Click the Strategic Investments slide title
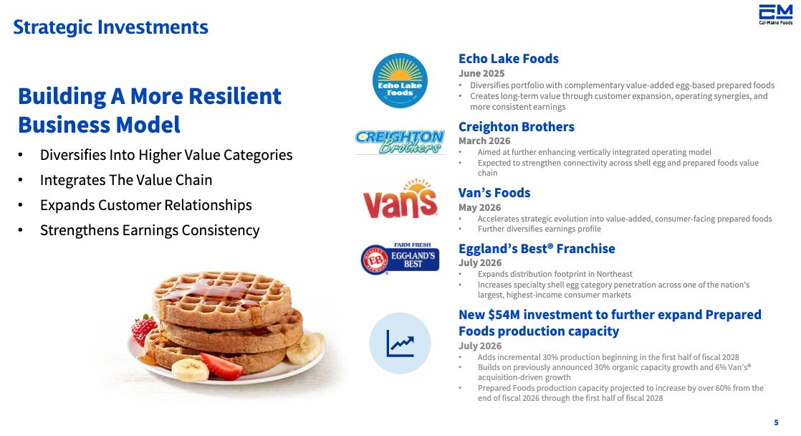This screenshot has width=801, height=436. click(110, 27)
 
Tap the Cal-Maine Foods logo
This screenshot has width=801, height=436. click(775, 14)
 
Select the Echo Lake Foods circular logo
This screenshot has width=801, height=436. click(400, 81)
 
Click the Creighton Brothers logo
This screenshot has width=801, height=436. click(400, 142)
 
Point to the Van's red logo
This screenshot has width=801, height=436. click(400, 199)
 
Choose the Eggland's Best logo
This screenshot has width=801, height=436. click(400, 259)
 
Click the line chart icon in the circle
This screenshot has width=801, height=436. click(400, 343)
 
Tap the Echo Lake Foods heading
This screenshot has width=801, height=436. click(508, 59)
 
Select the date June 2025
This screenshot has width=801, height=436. click(481, 74)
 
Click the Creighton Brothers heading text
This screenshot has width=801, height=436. click(516, 127)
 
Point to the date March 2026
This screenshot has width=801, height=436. click(484, 141)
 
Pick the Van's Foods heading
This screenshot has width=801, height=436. click(494, 193)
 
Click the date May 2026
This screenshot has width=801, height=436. click(480, 207)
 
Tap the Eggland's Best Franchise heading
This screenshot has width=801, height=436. click(537, 248)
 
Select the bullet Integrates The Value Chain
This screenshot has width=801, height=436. click(126, 180)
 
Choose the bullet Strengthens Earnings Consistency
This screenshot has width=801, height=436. click(150, 230)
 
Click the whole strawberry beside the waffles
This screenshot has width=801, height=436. click(143, 328)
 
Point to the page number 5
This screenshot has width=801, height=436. click(776, 422)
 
